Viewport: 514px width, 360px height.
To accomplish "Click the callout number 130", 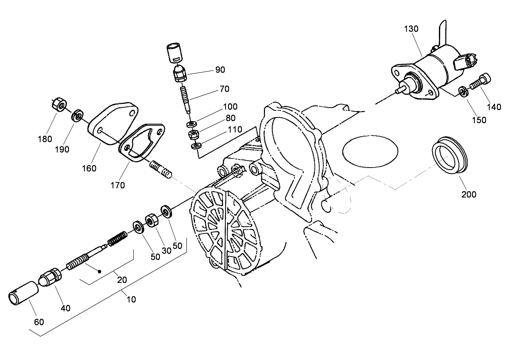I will point(411,29).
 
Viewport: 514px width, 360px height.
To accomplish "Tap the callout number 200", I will point(469,194).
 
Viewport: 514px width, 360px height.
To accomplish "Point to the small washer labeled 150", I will point(463,91).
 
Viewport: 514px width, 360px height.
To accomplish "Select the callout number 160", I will point(89,168).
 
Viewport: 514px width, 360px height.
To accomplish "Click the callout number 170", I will point(118,185).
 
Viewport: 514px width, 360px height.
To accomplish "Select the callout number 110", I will point(235,130).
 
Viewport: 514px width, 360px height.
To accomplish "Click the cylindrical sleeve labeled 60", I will point(23,292).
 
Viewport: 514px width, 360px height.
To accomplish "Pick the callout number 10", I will point(131,300).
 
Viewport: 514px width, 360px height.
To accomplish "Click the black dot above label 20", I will point(99,270).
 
